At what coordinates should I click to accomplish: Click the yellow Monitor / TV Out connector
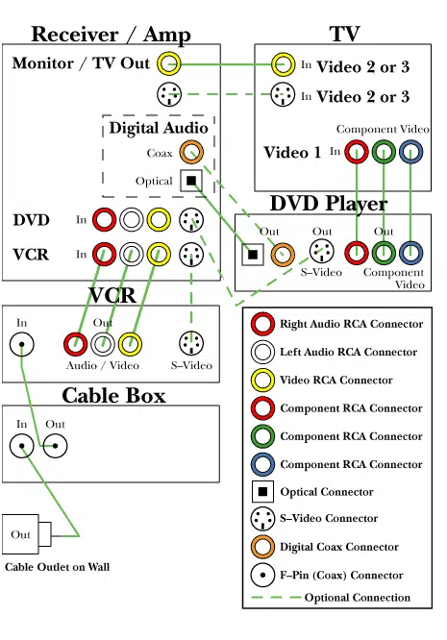click(x=168, y=65)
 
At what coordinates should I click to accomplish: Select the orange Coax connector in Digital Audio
click(x=190, y=153)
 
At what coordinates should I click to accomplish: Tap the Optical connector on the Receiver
click(x=190, y=181)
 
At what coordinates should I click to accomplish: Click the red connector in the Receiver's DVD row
click(x=104, y=220)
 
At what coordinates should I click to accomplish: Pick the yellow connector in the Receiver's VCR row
click(x=161, y=255)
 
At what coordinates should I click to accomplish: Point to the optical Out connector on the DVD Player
click(x=254, y=255)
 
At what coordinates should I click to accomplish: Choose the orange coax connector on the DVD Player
click(x=283, y=255)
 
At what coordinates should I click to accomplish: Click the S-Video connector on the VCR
click(x=192, y=343)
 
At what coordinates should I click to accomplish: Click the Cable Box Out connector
click(x=55, y=445)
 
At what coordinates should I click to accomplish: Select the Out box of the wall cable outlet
click(x=21, y=534)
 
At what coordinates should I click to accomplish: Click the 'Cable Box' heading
click(x=112, y=395)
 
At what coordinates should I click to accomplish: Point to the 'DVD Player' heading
click(x=328, y=204)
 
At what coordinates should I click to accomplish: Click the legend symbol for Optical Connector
click(x=261, y=493)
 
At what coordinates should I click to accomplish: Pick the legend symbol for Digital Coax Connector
click(x=261, y=548)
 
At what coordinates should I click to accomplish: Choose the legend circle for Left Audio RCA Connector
click(x=261, y=353)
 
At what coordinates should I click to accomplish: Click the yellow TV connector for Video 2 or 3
click(x=283, y=65)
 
